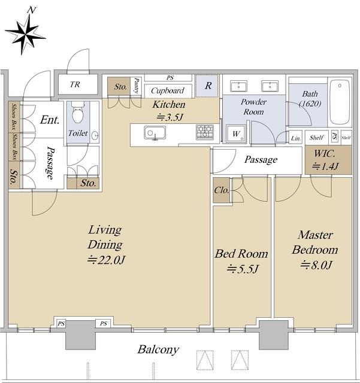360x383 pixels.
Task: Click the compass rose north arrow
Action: pos(25,34)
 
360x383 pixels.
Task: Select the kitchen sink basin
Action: pos(155,133)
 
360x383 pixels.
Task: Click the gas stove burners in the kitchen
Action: pos(205,132)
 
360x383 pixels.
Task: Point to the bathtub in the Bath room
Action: pos(340,102)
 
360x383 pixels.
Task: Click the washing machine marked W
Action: pos(236,133)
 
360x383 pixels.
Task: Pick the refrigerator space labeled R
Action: pos(207,86)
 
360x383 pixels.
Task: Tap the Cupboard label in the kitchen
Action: pos(168,90)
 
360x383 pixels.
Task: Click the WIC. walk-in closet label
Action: pos(325,153)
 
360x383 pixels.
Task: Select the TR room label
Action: pos(75,84)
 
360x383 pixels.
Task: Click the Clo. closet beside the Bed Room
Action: pos(222,190)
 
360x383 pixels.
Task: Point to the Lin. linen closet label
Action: pos(296,138)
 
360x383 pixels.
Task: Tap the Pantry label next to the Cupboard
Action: pos(137,86)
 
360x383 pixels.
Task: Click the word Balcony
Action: pos(158,349)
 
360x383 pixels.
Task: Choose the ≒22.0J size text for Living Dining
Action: pos(106,260)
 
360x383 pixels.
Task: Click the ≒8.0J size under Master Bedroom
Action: pos(316,265)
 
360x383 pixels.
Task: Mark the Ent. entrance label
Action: pos(50,120)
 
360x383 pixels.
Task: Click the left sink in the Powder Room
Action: pos(238,86)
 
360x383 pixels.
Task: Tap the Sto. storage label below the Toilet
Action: pos(88,183)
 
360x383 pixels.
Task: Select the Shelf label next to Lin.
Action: pos(316,138)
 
